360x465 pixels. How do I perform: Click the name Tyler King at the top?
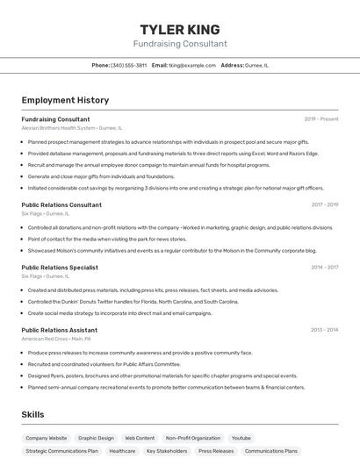point(180,29)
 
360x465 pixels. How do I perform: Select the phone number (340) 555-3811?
point(129,65)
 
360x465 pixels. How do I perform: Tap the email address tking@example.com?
point(191,65)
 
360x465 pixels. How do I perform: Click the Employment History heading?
point(65,100)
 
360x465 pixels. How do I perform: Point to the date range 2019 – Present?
point(320,118)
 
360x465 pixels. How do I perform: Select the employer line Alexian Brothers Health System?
point(71,128)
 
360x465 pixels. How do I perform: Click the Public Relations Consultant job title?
point(61,204)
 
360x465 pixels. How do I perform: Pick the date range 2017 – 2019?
point(324,204)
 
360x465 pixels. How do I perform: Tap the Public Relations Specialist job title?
point(60,267)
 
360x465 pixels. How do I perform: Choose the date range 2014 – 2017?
point(324,267)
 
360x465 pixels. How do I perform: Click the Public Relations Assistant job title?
point(59,330)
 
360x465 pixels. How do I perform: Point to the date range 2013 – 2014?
point(324,330)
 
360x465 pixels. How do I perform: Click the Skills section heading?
point(34,414)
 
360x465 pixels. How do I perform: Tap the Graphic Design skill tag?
point(96,437)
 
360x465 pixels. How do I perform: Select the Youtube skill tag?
point(241,437)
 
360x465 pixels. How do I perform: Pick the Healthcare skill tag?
point(122,451)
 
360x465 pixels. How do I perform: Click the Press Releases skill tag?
point(216,451)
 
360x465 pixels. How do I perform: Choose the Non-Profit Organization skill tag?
point(193,437)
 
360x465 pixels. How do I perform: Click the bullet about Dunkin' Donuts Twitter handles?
point(133,301)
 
